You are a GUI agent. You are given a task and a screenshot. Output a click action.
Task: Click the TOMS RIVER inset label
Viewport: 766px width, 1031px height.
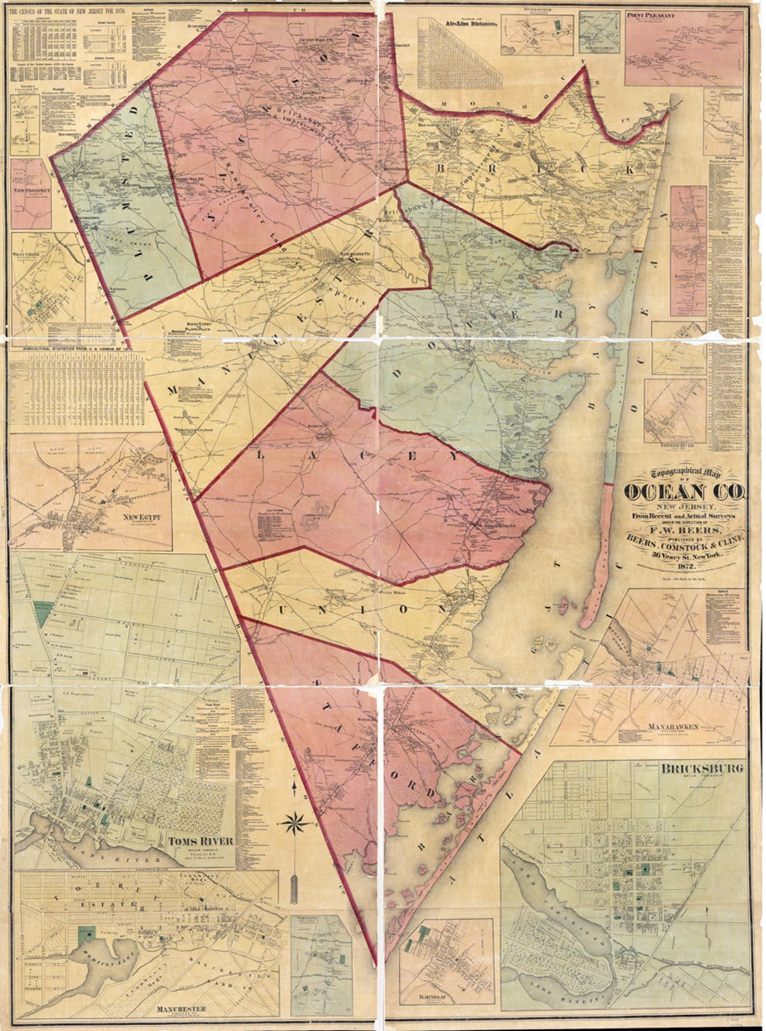(201, 840)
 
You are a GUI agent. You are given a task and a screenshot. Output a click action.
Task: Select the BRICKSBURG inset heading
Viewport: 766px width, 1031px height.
(702, 769)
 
